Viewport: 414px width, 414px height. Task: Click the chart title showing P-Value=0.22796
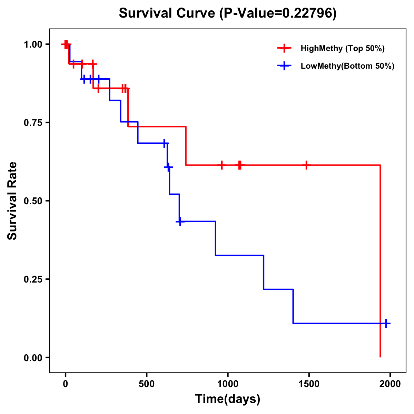(227, 13)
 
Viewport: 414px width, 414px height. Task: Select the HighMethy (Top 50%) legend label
(342, 48)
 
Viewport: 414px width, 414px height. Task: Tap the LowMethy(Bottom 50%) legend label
(347, 66)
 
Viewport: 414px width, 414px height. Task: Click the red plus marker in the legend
(284, 48)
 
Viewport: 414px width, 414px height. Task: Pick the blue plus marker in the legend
(284, 66)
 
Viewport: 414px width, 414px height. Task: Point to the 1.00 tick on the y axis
(33, 45)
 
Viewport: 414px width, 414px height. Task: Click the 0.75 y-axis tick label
(33, 123)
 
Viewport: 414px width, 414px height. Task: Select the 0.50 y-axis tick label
(33, 201)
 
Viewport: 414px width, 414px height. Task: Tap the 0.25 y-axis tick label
(33, 279)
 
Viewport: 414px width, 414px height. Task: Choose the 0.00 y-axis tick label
(33, 358)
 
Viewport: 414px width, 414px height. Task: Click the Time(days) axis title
(228, 399)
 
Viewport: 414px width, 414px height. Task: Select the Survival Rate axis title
(13, 201)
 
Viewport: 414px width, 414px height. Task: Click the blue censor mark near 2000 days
(386, 324)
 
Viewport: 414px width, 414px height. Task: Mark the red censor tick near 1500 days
(306, 165)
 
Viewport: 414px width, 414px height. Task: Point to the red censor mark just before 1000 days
(221, 165)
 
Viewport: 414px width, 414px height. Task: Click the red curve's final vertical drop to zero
(380, 262)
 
